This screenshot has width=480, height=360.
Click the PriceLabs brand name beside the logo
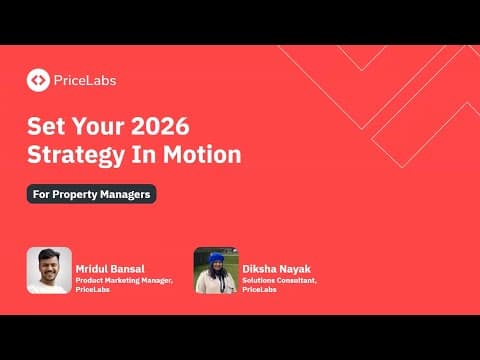(85, 79)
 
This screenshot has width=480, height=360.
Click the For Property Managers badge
(91, 194)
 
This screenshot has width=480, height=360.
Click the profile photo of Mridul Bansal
(49, 269)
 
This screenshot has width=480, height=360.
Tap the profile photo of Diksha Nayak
(215, 269)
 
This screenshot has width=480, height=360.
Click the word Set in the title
(45, 128)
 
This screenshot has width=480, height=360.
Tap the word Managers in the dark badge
(125, 194)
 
